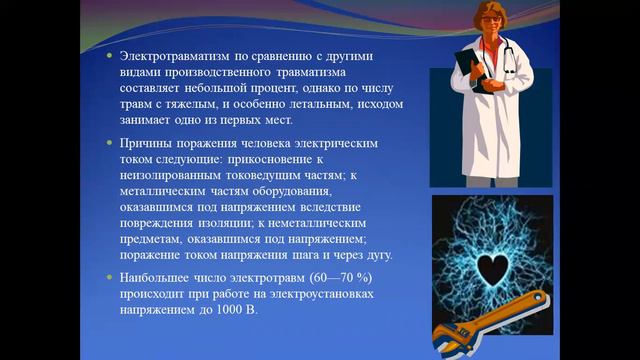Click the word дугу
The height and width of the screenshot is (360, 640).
point(378,255)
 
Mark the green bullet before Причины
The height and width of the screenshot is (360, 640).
point(109,144)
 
